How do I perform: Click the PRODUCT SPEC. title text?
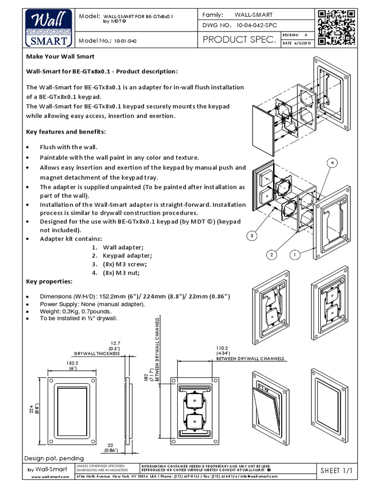click(239, 41)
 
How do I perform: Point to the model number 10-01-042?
click(125, 41)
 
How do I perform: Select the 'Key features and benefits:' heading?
click(66, 131)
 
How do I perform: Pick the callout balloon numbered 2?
click(272, 255)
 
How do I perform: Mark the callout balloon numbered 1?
click(295, 255)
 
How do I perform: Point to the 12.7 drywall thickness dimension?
click(115, 344)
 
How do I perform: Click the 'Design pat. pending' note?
click(54, 457)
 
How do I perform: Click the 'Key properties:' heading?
click(49, 282)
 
